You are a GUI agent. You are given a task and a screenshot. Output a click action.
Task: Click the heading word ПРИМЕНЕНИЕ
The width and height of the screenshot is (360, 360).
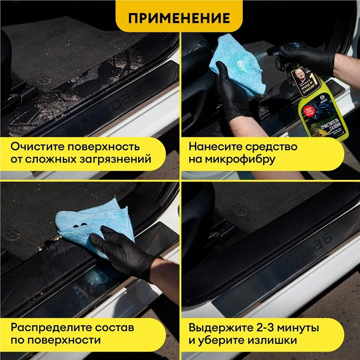pos(179,18)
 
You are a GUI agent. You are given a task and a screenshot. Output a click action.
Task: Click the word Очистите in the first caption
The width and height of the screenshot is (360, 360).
pos(35,147)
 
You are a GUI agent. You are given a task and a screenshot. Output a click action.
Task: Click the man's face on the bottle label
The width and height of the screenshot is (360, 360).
pos(299,75)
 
